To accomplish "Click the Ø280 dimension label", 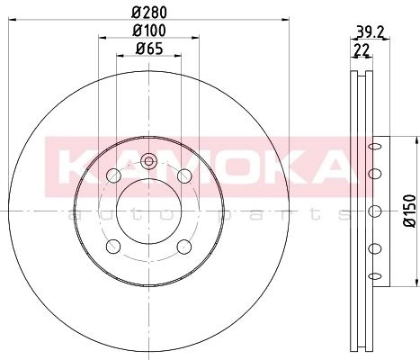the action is [x=149, y=13].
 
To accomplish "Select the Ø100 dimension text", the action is [x=149, y=31].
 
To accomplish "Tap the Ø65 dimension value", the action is [x=149, y=49].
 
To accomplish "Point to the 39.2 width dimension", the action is [x=370, y=31].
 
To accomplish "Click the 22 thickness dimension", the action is [x=362, y=49].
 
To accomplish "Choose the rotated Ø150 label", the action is [x=409, y=211].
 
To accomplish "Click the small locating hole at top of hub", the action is [x=148, y=161].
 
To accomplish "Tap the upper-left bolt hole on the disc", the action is [x=113, y=175].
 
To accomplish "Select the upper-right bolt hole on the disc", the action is [x=184, y=175].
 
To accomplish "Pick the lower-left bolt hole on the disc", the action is [x=113, y=247].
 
